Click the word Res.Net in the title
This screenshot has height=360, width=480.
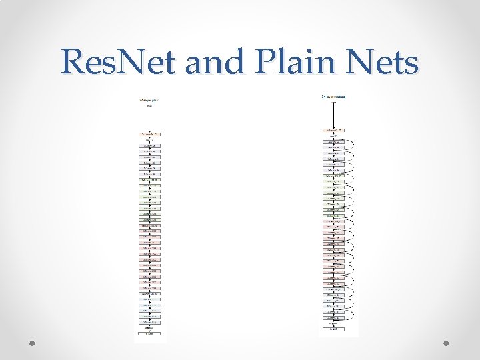[118, 63]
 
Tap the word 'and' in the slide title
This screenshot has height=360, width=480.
[212, 63]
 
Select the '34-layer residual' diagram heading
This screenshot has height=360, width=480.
[333, 97]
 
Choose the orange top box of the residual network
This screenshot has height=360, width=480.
[333, 130]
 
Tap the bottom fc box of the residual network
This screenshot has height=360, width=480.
[333, 329]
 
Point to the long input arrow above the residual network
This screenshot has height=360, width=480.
[333, 113]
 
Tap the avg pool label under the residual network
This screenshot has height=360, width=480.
[333, 323]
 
